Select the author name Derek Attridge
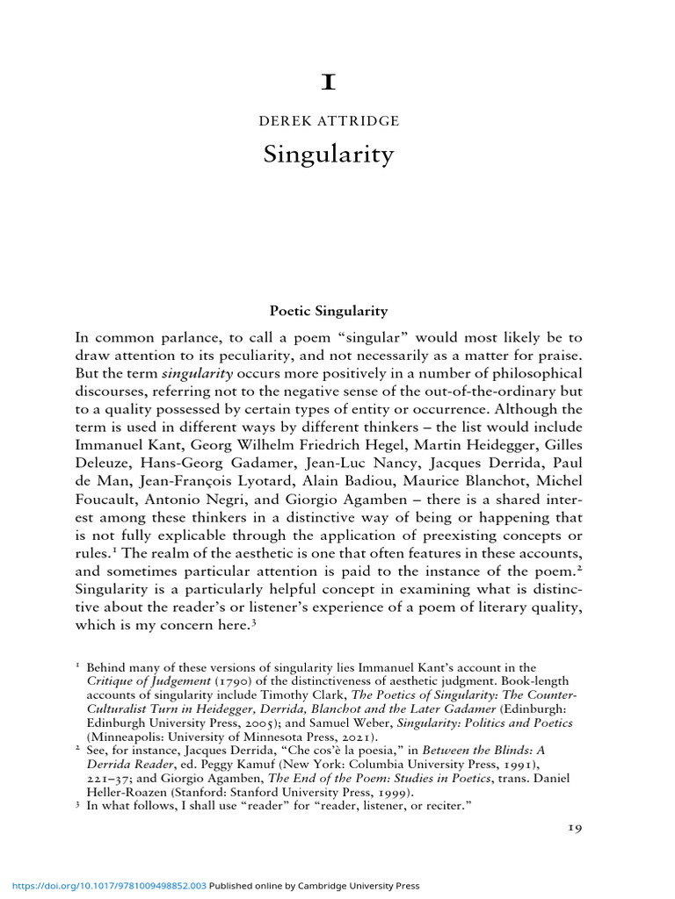pyautogui.click(x=329, y=120)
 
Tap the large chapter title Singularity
pyautogui.click(x=329, y=155)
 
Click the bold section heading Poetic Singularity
pyautogui.click(x=328, y=311)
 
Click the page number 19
pyautogui.click(x=570, y=826)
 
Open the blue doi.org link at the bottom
pyautogui.click(x=105, y=887)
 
